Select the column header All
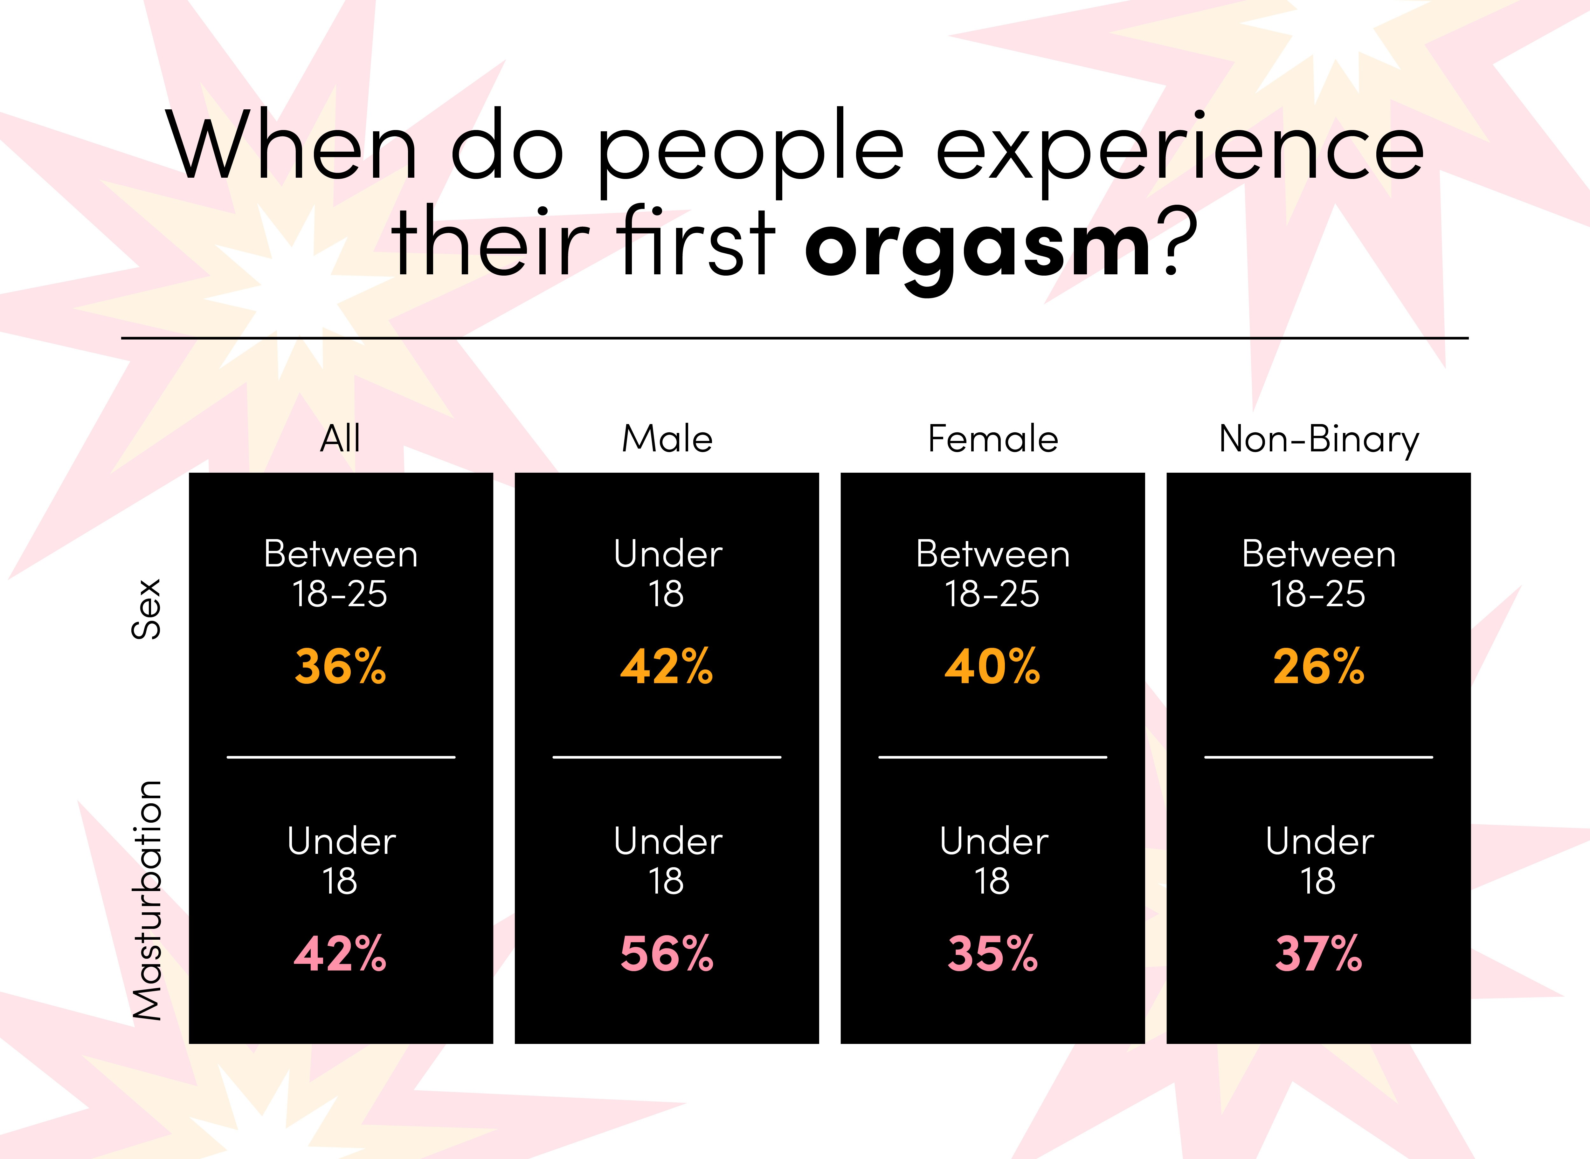point(340,439)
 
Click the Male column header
point(667,439)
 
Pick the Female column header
point(993,439)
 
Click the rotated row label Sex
point(147,609)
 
